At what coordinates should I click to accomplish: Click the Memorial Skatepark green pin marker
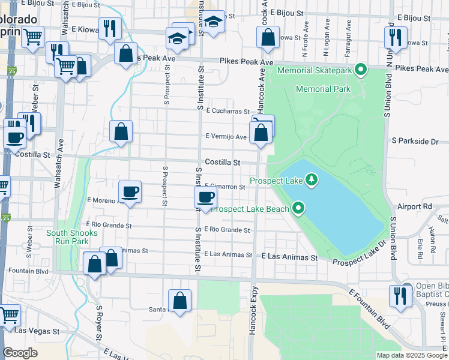(361, 71)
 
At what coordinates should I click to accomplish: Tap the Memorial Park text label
(324, 89)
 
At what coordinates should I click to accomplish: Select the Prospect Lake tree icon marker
(311, 179)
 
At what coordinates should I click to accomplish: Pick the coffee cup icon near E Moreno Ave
(130, 192)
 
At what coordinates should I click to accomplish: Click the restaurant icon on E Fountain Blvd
(400, 296)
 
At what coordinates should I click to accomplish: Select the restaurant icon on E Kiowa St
(110, 28)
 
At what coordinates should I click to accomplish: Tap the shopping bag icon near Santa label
(179, 301)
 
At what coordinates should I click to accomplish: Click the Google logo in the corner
(20, 353)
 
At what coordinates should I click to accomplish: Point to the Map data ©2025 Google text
(411, 355)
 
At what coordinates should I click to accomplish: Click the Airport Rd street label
(419, 206)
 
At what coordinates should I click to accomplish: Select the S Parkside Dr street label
(415, 141)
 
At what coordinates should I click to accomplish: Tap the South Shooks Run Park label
(68, 236)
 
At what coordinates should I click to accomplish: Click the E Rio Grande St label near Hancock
(227, 230)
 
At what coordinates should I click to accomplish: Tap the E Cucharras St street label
(227, 111)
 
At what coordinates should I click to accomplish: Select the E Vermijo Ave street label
(226, 137)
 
